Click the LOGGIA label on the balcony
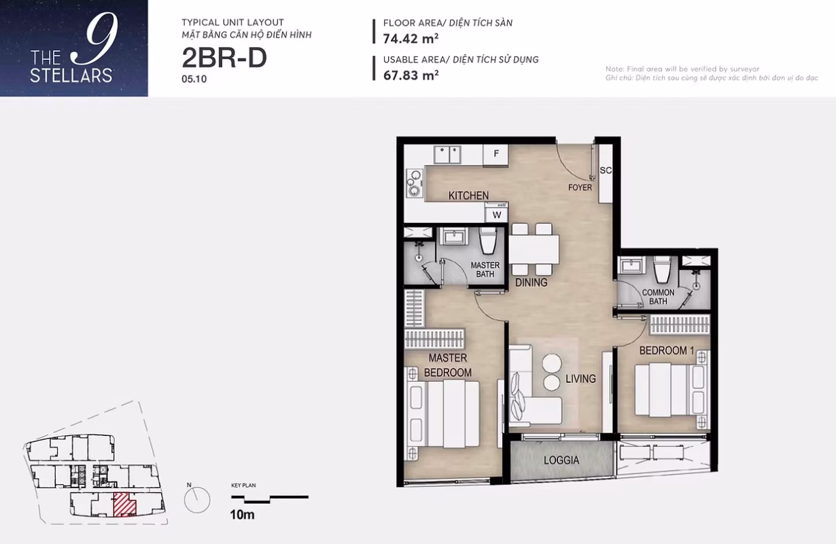(561, 460)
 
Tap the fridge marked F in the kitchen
(495, 154)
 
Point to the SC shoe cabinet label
(606, 170)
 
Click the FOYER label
(580, 188)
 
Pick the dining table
(534, 249)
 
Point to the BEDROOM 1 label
(667, 351)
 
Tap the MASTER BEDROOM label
(447, 365)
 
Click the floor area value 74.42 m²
(411, 39)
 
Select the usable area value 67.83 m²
(411, 75)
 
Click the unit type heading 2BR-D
(224, 58)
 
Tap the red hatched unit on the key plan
(124, 505)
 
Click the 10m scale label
(242, 515)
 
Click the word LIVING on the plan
(580, 379)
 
